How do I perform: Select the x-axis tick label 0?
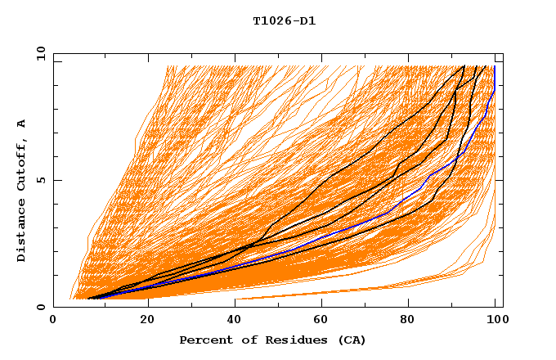[x=54, y=320]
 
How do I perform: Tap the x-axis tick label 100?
[x=496, y=320]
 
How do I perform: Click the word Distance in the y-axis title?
[x=21, y=232]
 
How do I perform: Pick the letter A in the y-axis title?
[x=21, y=124]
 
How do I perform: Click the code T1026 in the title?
[x=271, y=20]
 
